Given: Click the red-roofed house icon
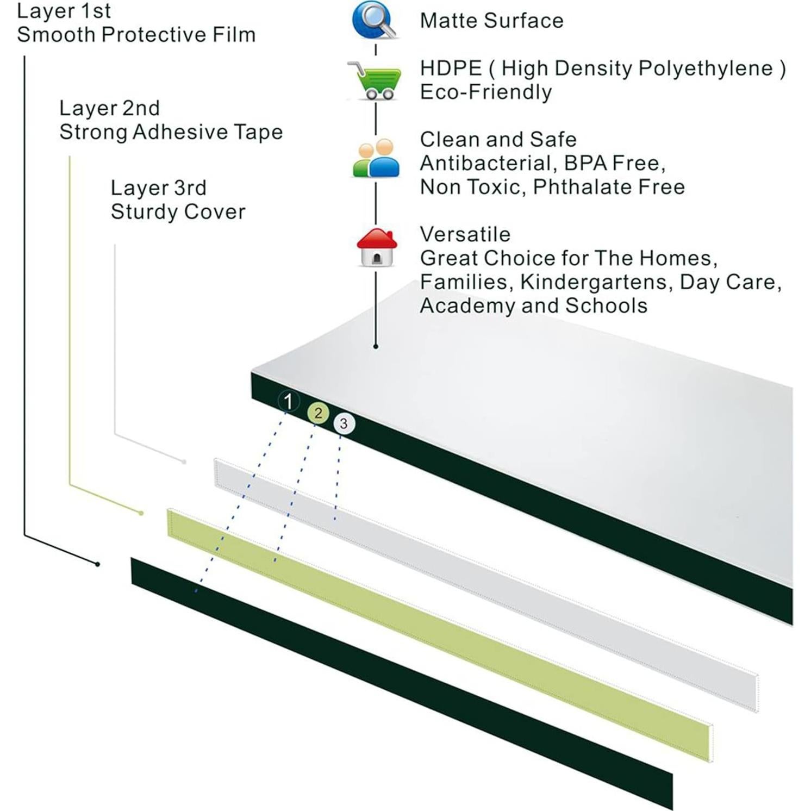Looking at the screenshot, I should click(x=376, y=247).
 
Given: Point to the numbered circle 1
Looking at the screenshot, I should click(x=288, y=402).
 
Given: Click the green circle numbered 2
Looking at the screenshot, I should click(x=318, y=413).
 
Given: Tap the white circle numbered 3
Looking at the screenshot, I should click(x=344, y=424).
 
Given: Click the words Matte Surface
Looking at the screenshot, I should click(x=491, y=21).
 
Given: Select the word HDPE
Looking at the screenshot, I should click(x=451, y=68).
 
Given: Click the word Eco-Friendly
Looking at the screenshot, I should click(x=485, y=92).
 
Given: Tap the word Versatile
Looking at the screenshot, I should click(x=465, y=234).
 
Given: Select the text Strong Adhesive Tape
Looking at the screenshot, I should click(x=171, y=132).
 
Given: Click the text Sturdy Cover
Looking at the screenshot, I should click(x=178, y=211).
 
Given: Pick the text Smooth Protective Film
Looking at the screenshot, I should click(x=136, y=35).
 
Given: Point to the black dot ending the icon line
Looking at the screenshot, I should click(x=376, y=346).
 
